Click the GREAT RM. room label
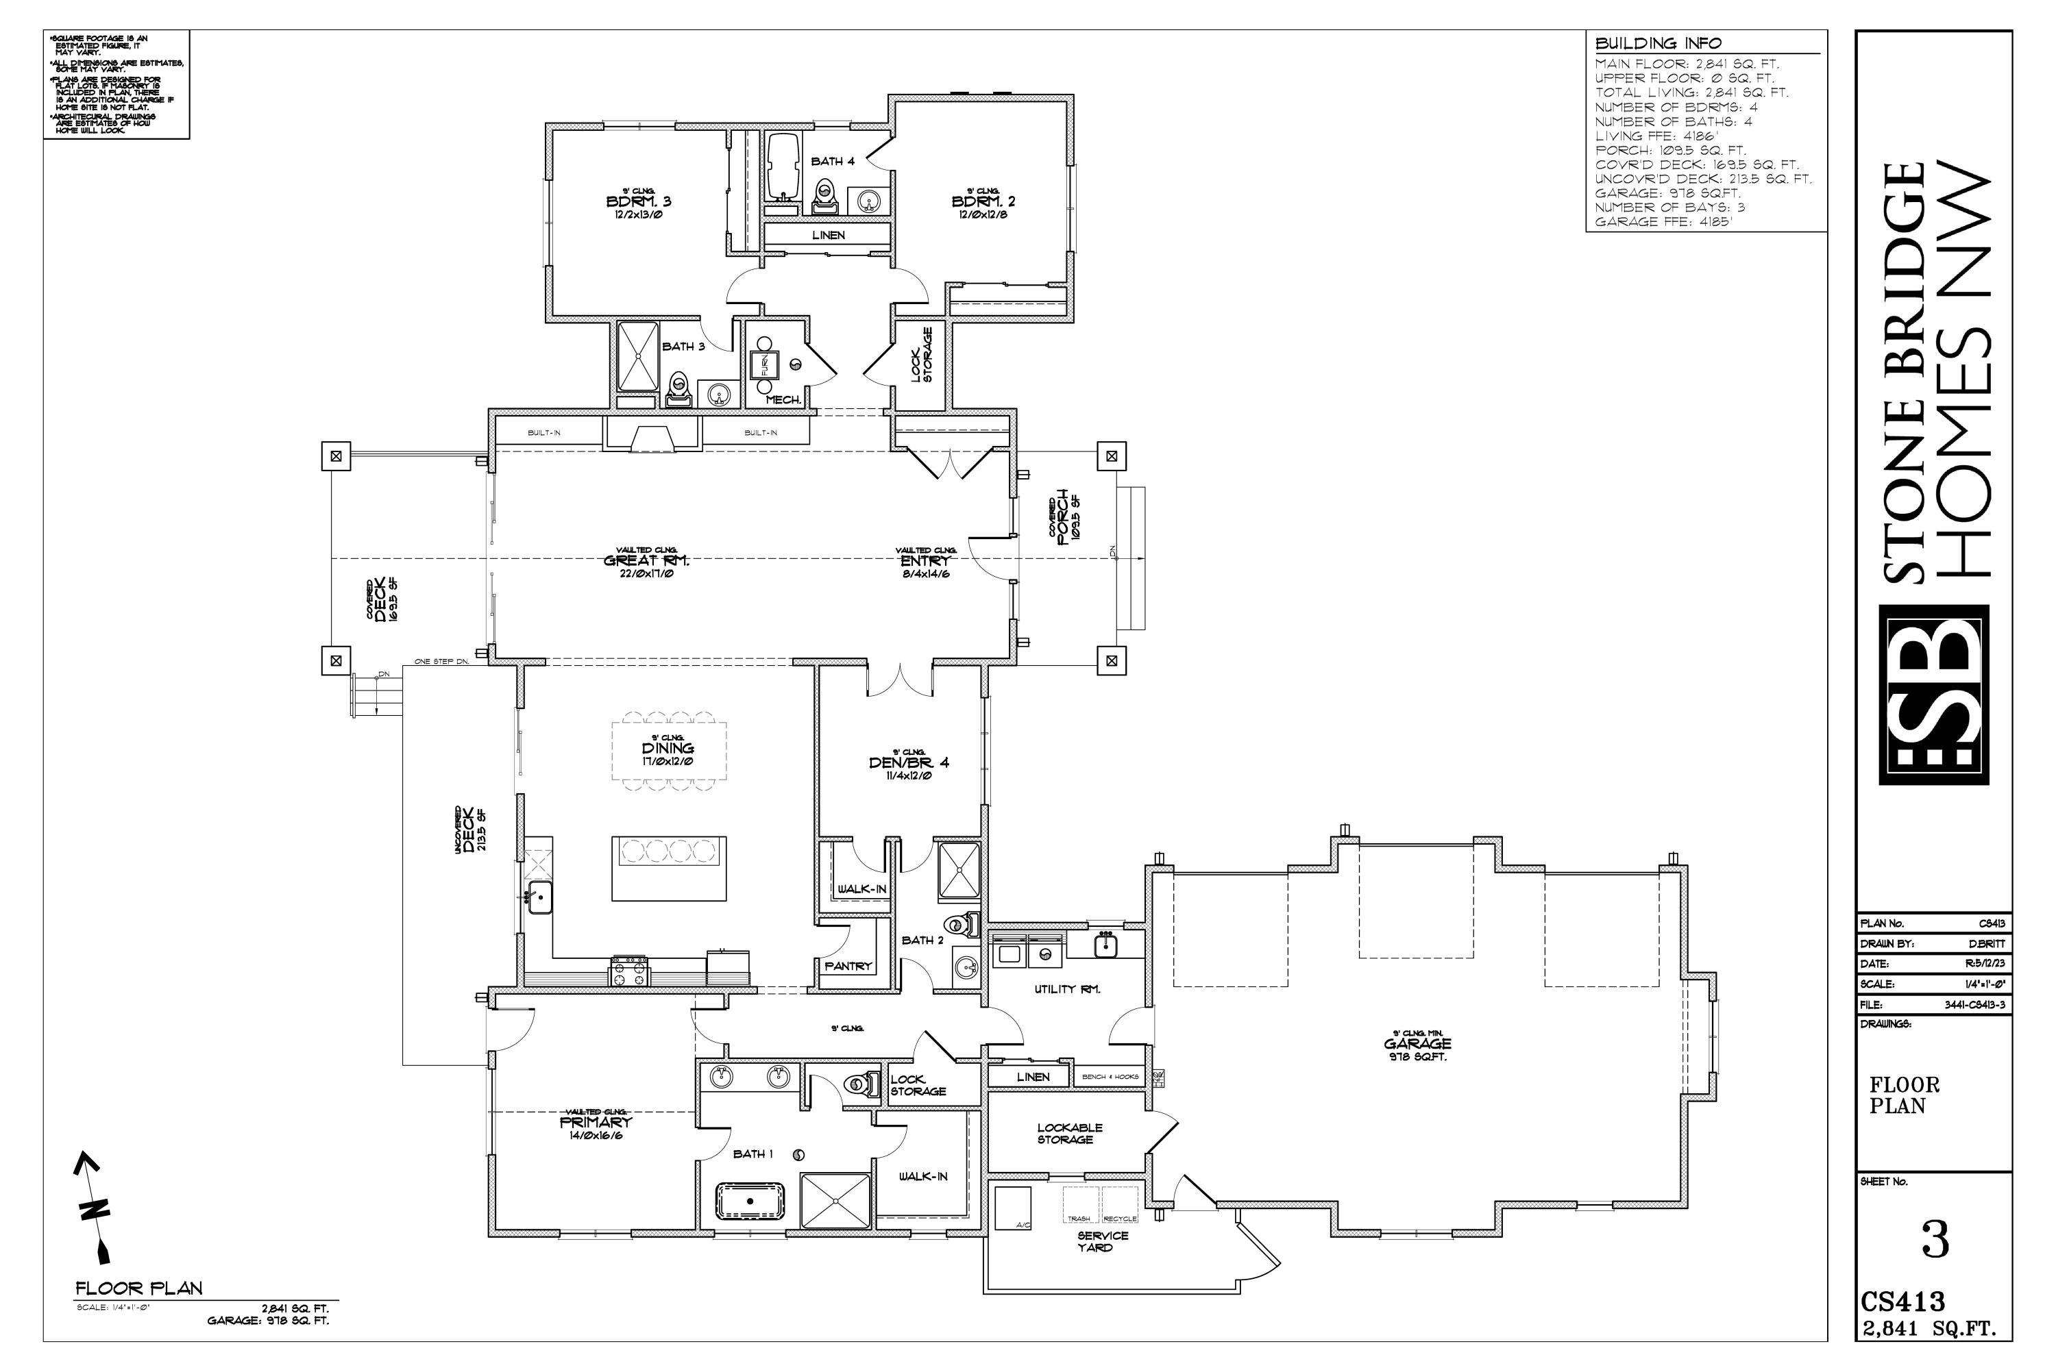click(647, 561)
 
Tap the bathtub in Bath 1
click(750, 1201)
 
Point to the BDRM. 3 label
click(638, 202)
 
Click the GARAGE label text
click(1417, 1043)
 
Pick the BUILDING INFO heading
click(1659, 42)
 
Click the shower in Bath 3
click(637, 356)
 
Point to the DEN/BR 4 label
click(908, 763)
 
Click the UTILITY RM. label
click(1066, 989)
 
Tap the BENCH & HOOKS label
click(1110, 1076)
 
